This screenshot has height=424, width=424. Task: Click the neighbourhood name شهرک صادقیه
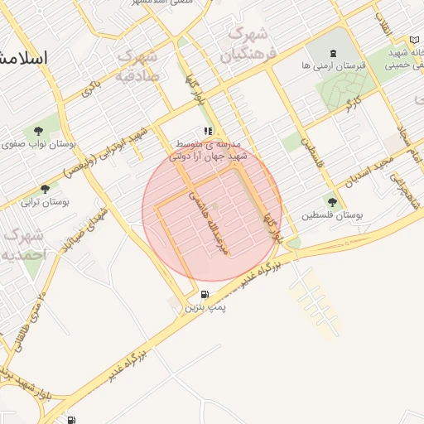(x=138, y=66)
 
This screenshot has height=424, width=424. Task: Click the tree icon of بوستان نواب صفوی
(x=38, y=130)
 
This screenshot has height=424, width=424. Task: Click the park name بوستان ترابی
(x=45, y=201)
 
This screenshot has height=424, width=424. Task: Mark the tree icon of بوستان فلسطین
(x=332, y=201)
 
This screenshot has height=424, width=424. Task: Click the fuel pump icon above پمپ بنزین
(x=205, y=295)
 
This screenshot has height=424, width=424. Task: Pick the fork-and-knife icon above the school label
(x=209, y=131)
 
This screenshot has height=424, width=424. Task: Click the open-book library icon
(x=414, y=40)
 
